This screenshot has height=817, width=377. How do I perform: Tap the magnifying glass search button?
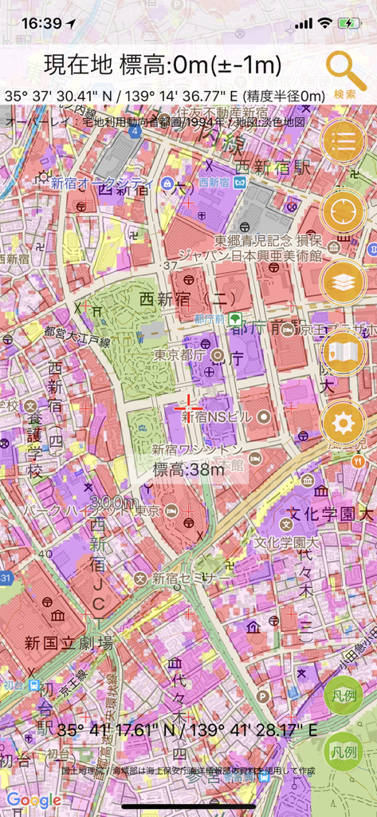(345, 69)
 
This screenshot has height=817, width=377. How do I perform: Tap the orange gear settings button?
(344, 423)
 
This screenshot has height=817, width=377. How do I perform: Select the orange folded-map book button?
(344, 353)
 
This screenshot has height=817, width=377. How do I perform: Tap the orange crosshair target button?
(344, 212)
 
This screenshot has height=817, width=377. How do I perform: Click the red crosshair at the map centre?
(188, 407)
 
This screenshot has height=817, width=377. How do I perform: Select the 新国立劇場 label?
(68, 642)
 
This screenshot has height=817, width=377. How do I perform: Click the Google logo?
(33, 799)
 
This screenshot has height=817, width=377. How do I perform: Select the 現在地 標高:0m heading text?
(163, 65)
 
